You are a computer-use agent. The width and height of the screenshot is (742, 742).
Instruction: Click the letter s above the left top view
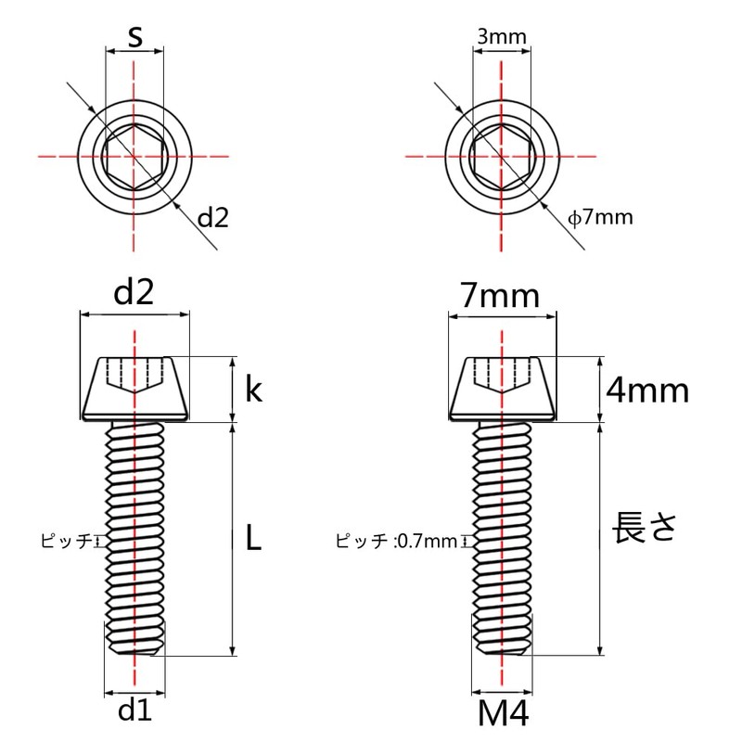pyautogui.click(x=135, y=37)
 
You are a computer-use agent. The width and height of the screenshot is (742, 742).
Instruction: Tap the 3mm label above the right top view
pyautogui.click(x=502, y=37)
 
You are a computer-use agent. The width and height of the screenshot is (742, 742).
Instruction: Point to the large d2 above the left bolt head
pyautogui.click(x=134, y=292)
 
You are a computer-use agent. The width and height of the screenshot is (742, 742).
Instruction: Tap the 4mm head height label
pyautogui.click(x=647, y=390)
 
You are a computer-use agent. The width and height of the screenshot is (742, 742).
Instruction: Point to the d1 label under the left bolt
pyautogui.click(x=135, y=711)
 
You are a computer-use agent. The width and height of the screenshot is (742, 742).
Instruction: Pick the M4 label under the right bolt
pyautogui.click(x=504, y=715)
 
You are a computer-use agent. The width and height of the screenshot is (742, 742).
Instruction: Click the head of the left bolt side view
pyautogui.click(x=135, y=388)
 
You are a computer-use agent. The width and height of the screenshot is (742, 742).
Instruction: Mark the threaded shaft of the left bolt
pyautogui.click(x=135, y=538)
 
